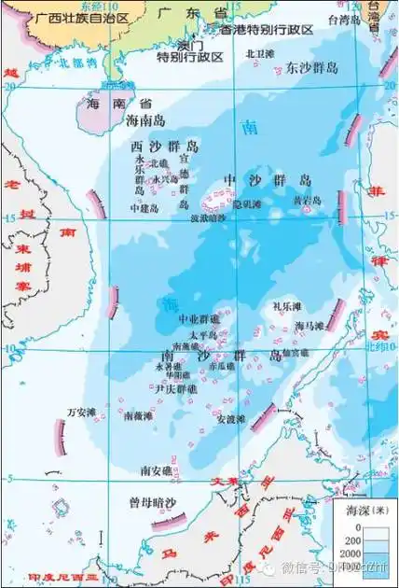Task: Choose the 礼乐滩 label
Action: (286, 306)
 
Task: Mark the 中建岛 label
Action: (145, 208)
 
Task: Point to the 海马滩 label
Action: (309, 326)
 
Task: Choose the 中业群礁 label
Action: (199, 318)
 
